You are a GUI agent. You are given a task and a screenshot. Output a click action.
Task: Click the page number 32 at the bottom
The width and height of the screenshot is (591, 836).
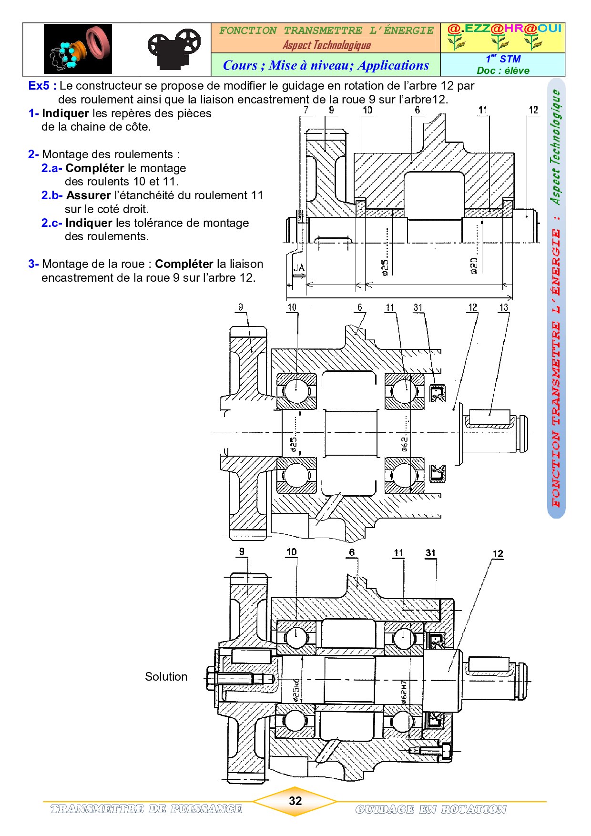pos(295,801)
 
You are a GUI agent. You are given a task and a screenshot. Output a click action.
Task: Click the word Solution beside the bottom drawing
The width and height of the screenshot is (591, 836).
pos(166,677)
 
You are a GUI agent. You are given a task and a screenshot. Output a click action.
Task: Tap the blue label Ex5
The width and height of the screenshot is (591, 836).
pos(39,86)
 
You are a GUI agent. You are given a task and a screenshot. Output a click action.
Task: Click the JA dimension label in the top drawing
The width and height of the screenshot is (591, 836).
pos(299,268)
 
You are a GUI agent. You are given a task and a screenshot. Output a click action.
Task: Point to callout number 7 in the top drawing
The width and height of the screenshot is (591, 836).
pos(306,110)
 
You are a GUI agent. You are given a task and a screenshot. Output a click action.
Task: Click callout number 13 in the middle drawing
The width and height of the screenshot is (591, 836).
pos(503,307)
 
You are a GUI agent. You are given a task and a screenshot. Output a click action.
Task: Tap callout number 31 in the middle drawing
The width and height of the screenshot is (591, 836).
pos(418,307)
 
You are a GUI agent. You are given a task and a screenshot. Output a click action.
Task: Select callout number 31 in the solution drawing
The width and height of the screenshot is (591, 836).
pos(430,553)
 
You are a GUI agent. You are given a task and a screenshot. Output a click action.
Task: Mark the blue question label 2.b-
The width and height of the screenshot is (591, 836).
pos(51,195)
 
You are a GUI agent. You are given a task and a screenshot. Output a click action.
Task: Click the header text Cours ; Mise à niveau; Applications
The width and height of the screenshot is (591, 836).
pos(326,65)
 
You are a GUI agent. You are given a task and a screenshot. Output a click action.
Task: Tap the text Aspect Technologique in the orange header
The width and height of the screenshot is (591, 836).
pos(326,45)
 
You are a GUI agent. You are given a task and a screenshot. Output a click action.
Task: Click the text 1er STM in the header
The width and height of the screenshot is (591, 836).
pos(503,59)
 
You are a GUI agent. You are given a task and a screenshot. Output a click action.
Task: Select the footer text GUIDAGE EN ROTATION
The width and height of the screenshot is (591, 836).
pos(431,809)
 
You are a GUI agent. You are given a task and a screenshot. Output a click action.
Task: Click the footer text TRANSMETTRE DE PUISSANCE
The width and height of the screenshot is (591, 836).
pos(146,809)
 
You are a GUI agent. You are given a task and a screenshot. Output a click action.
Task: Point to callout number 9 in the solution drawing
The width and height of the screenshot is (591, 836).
pos(242,551)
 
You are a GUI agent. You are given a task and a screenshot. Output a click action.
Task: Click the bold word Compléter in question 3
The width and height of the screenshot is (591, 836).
pos(184,264)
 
